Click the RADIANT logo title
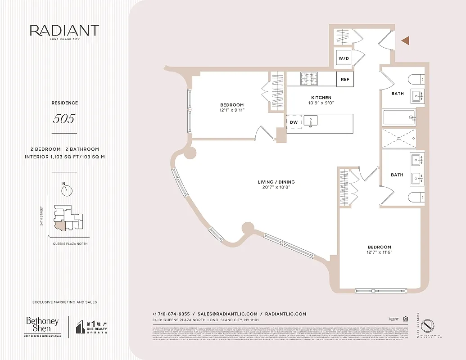64,31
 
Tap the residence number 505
64,119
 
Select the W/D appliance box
344,58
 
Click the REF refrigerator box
345,80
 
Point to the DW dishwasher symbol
294,122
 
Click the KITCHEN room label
321,98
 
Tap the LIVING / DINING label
276,182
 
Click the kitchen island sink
310,120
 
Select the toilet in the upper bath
416,79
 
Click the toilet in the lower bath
416,197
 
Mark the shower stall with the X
398,139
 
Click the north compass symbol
68,190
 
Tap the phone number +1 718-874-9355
171,314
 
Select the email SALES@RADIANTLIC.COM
227,314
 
